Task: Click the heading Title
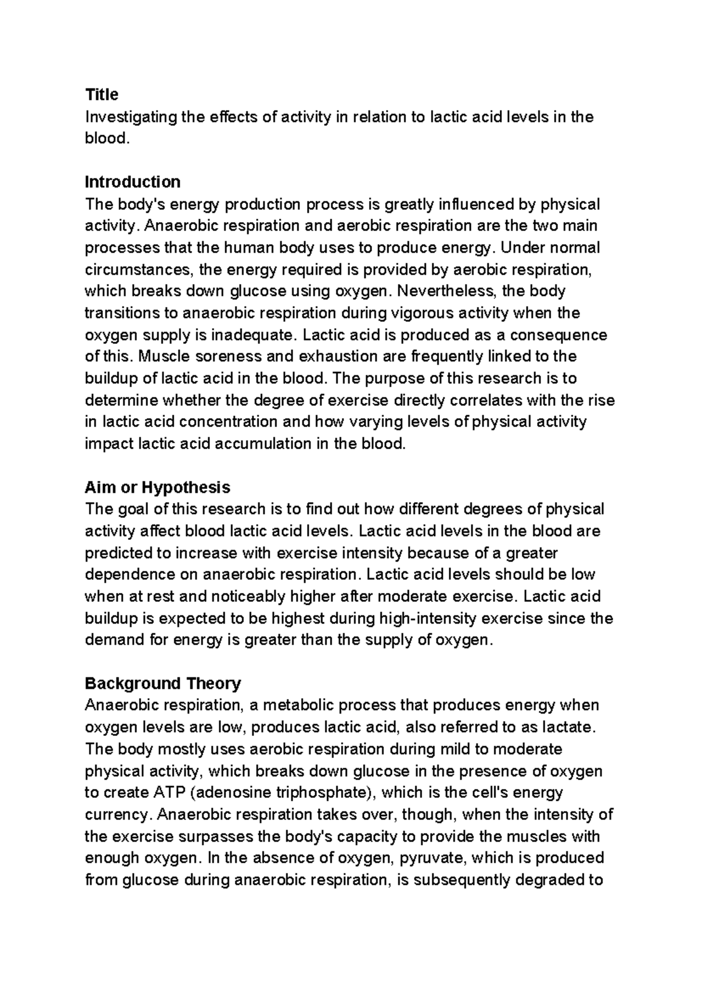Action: (x=102, y=95)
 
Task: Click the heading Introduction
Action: (x=133, y=182)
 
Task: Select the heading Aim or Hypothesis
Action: (x=157, y=487)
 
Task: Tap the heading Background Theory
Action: (x=163, y=683)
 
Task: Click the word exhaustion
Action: (x=319, y=357)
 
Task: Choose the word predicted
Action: (x=119, y=553)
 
